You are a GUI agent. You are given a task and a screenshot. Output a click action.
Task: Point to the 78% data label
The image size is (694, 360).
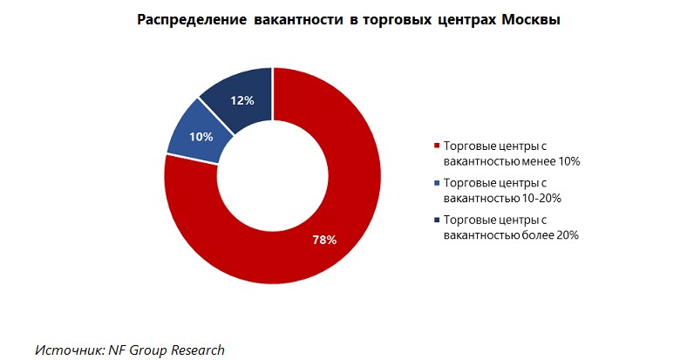click(x=324, y=240)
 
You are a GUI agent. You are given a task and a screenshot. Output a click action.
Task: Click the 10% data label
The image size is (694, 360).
click(x=201, y=136)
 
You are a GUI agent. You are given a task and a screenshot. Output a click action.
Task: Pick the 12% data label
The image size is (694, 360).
click(x=242, y=100)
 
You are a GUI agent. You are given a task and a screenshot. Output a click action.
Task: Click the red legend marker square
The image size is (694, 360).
click(x=437, y=146)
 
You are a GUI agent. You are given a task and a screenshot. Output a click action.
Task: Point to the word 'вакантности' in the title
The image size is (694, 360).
click(x=296, y=20)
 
